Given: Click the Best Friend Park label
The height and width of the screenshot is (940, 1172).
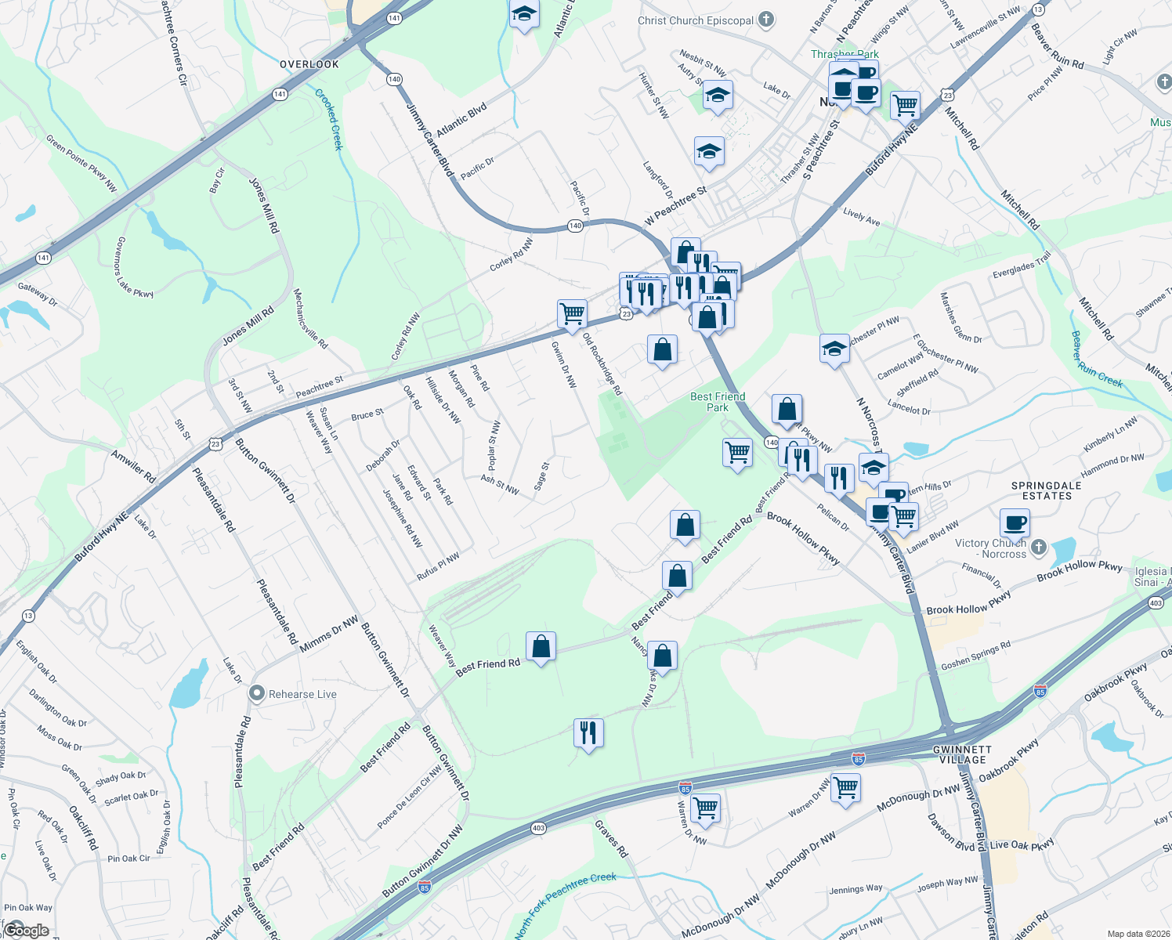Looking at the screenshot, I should click(718, 402).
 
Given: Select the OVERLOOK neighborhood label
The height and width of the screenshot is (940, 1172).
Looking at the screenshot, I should click(309, 64).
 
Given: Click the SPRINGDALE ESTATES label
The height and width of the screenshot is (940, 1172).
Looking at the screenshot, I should click(1046, 490).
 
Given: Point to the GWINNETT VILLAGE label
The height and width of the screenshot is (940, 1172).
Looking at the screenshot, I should click(963, 754).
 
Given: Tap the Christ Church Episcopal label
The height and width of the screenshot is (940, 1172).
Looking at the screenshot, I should click(696, 20).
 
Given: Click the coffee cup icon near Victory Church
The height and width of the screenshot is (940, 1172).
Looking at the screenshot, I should click(1015, 522).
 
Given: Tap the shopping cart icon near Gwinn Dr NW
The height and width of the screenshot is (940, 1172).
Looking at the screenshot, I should click(573, 313).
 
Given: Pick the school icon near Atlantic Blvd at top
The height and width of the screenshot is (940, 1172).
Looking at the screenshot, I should click(524, 14).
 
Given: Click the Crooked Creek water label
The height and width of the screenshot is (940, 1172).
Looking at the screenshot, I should click(329, 119).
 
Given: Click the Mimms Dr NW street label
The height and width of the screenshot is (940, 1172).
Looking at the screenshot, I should click(329, 634).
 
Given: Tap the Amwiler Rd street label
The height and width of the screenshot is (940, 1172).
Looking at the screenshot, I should click(133, 466).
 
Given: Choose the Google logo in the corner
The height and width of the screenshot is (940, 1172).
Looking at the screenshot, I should click(27, 930).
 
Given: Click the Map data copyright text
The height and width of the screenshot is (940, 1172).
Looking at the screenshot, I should click(1138, 934).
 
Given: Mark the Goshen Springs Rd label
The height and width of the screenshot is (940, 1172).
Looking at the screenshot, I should click(975, 656).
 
